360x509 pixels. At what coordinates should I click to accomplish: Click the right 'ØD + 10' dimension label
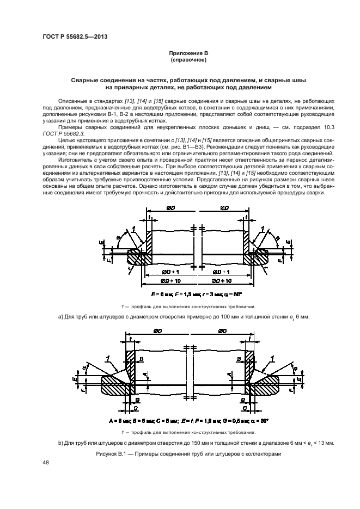tap(224, 280)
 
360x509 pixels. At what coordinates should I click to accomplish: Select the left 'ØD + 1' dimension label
tap(172, 271)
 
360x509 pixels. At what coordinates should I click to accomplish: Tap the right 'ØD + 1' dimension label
tap(223, 271)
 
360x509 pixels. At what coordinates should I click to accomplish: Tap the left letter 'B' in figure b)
tap(142, 359)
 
